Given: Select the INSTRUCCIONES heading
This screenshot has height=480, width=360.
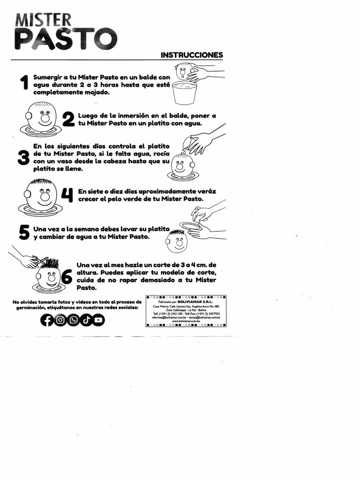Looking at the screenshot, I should tap(192, 55).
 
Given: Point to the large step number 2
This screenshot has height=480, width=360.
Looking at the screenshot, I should tap(68, 120).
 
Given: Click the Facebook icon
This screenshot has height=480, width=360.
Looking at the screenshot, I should tap(47, 320).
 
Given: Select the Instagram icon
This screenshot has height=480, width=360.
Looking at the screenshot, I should tap(60, 320).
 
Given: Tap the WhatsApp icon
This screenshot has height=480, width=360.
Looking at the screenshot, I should tap(73, 320).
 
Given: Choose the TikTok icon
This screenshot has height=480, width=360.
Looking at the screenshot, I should tap(86, 320).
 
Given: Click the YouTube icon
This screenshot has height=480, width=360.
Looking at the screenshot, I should tap(98, 320).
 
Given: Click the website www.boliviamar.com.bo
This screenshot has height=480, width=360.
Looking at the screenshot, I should tap(186, 321).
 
